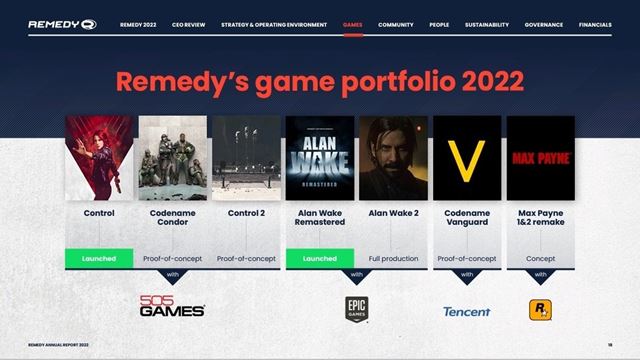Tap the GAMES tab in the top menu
(352, 24)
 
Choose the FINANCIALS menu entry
(595, 24)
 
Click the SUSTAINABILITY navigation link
(486, 24)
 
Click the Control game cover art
(99, 158)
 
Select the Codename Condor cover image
(173, 158)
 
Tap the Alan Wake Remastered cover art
(319, 158)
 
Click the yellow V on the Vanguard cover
(466, 158)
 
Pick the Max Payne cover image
(540, 158)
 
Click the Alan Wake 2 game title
(393, 213)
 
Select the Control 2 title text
(246, 213)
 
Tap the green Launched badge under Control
(99, 258)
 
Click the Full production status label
(393, 258)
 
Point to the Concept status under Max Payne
(540, 258)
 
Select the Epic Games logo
(356, 309)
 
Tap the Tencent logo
(466, 311)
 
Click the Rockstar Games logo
(540, 310)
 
